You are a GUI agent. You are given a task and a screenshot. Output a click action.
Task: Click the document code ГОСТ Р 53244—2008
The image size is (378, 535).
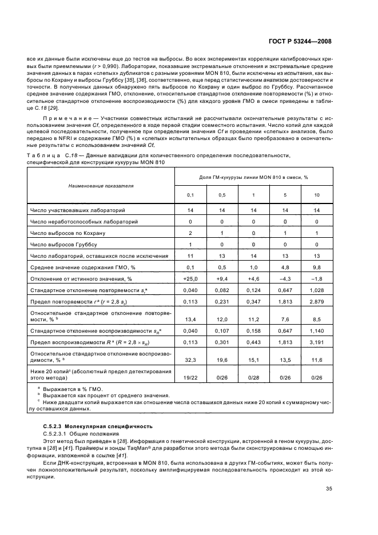point(303,42)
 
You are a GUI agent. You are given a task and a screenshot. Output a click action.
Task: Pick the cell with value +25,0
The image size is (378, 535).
point(190,278)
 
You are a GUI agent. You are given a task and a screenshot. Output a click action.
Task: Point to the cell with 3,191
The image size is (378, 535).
point(316,342)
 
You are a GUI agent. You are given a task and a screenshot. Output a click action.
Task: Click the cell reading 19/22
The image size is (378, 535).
point(190,378)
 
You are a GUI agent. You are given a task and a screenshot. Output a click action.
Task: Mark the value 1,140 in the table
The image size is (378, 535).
point(316,331)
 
